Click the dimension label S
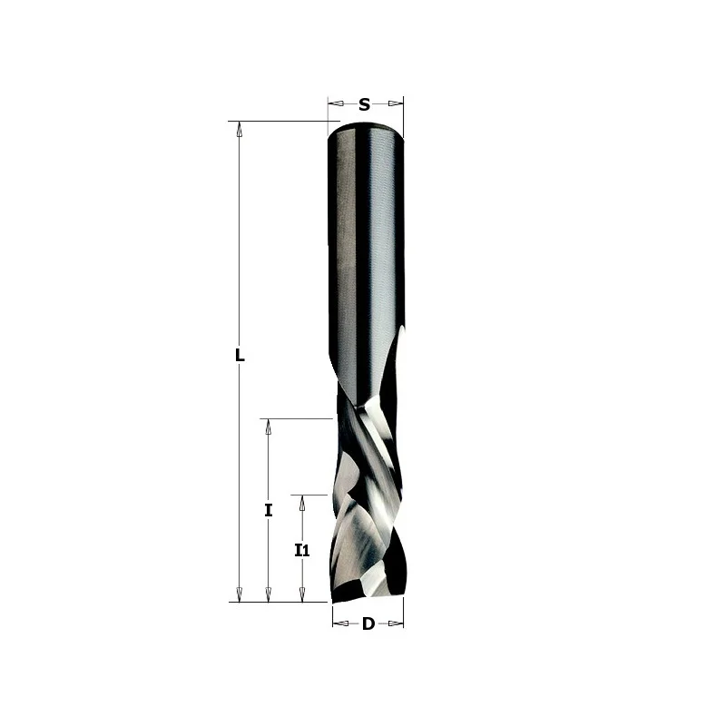[x=365, y=104]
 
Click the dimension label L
[x=240, y=355]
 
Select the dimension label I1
[x=302, y=550]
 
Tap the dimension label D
[x=368, y=623]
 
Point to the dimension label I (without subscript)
[x=268, y=510]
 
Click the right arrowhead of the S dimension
[x=396, y=103]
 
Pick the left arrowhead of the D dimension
[x=341, y=623]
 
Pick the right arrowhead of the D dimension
[x=396, y=623]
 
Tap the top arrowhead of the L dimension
[x=239, y=129]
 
